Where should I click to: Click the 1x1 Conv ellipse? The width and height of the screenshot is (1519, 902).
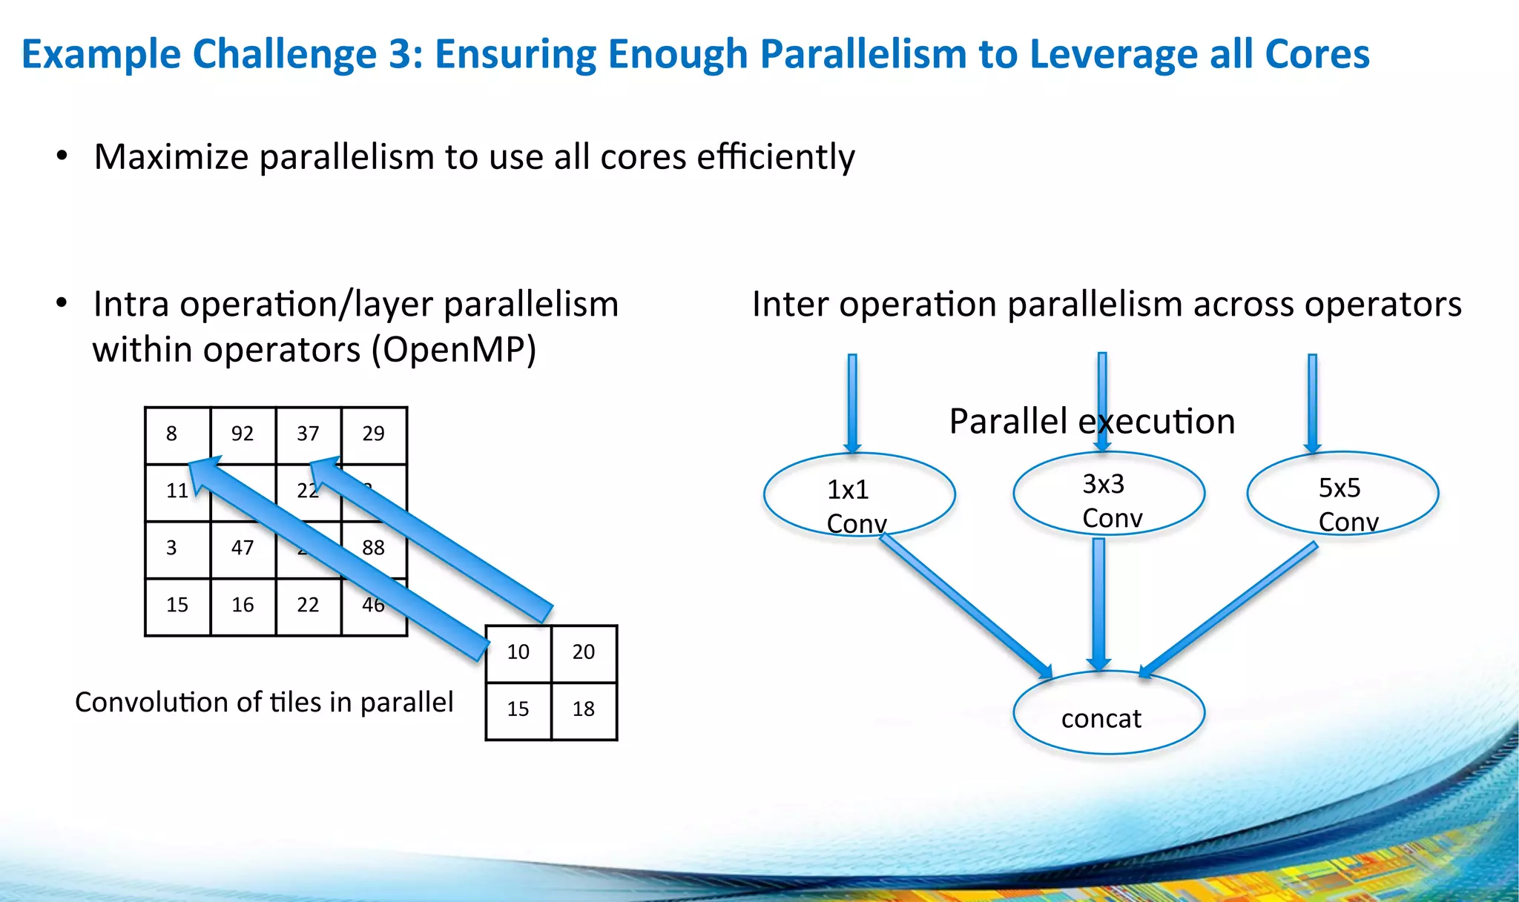click(859, 494)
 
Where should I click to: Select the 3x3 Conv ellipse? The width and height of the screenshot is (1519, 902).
click(1108, 493)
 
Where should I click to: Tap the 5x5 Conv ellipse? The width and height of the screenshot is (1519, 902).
click(1342, 494)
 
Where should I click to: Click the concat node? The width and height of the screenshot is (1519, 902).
click(1108, 713)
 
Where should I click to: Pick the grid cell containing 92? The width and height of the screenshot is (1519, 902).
click(243, 435)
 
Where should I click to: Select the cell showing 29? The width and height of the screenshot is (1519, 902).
click(374, 435)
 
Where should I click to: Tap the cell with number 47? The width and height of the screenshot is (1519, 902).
click(243, 549)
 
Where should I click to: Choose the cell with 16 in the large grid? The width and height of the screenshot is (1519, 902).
click(243, 606)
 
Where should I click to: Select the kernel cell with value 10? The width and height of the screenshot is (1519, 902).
click(518, 653)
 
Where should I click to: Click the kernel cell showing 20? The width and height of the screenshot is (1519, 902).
click(584, 653)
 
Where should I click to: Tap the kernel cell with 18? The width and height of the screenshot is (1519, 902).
click(584, 710)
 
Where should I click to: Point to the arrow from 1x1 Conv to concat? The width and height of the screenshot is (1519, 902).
click(964, 604)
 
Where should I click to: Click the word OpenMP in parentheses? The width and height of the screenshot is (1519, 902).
click(453, 350)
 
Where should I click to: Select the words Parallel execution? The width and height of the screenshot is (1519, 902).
click(1092, 422)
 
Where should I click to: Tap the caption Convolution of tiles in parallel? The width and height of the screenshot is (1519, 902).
click(264, 703)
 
